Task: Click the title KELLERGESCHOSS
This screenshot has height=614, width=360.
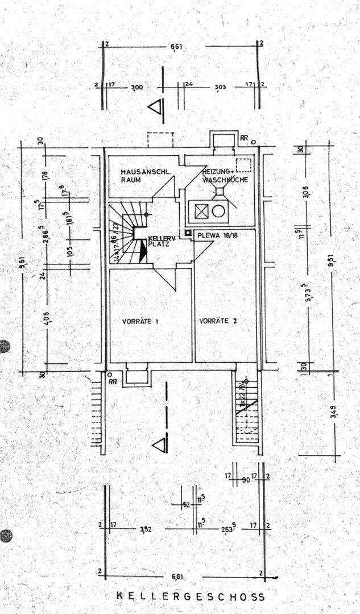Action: click(191, 596)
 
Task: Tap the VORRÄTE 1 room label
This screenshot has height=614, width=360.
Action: click(140, 321)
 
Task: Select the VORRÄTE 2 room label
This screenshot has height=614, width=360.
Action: click(218, 321)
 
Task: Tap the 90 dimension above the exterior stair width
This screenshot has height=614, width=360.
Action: click(246, 479)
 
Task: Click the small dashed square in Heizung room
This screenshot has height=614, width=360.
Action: click(243, 165)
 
